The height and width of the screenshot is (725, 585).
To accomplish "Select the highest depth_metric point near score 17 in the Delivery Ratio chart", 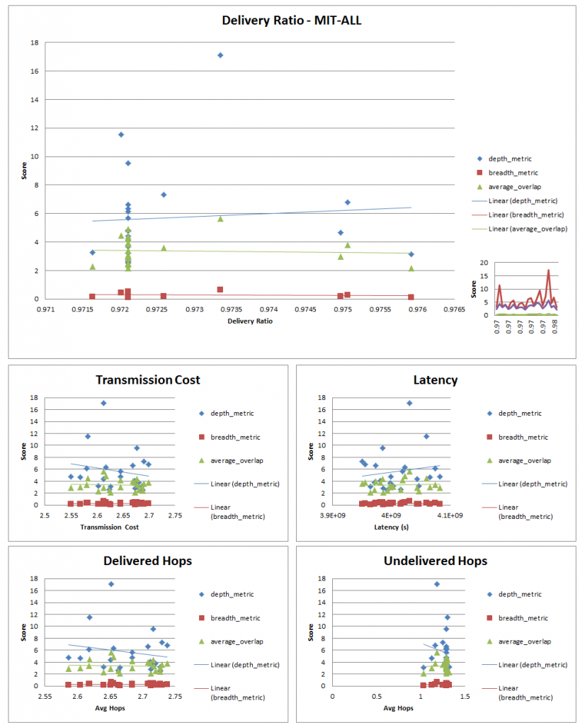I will pos(220,55).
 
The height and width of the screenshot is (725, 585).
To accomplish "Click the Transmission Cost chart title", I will pos(147,379).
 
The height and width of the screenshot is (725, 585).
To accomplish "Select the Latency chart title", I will pos(435,379).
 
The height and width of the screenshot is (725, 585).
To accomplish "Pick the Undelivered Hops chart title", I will pos(435,561).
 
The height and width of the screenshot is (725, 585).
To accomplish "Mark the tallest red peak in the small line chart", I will pos(548,270).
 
